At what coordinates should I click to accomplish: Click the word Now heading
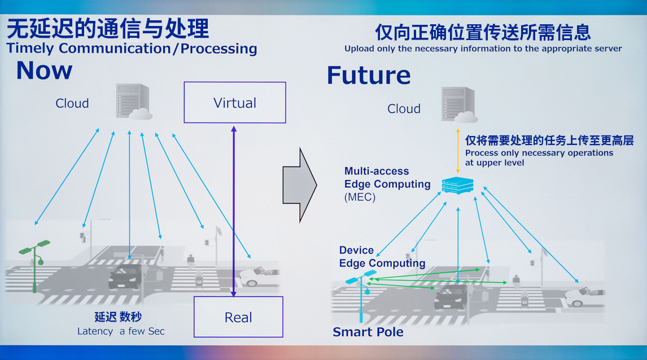tap(44, 71)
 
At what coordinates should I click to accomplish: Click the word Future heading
tap(368, 76)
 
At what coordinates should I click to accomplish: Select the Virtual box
tap(235, 103)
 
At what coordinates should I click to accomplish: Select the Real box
tap(238, 317)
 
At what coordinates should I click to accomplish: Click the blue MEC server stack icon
tap(457, 185)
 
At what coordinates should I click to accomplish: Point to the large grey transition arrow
tap(299, 185)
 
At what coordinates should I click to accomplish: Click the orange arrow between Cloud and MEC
tap(458, 152)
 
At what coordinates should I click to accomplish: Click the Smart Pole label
tap(368, 332)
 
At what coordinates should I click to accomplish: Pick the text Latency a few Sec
tap(121, 331)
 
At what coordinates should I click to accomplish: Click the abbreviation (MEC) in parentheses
tap(360, 197)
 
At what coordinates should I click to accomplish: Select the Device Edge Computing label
tap(382, 257)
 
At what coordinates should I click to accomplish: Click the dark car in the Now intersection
tap(124, 276)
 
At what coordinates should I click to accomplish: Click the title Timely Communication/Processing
tap(132, 49)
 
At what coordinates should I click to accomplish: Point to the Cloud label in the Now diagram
tap(72, 103)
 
